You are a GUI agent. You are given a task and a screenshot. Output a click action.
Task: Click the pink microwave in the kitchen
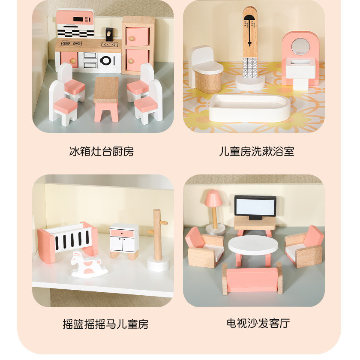75,17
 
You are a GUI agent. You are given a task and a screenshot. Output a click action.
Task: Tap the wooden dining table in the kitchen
106,98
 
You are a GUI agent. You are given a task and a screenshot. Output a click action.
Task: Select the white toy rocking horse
88,264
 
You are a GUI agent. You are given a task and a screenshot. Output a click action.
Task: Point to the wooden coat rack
158,240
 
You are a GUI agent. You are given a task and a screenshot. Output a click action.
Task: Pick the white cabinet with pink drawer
124,241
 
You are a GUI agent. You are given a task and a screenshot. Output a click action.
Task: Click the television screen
255,207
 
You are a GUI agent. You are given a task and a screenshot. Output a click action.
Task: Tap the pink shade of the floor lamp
213,198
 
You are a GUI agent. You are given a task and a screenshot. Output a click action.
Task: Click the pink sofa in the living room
252,279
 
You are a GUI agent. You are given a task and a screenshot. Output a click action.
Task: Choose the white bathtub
249,108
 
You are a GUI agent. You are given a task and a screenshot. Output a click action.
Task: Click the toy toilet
206,69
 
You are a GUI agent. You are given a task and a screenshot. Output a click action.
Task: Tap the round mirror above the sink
301,47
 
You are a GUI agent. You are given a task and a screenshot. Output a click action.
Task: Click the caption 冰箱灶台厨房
102,152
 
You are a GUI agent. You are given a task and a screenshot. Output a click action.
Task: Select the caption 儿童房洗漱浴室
256,152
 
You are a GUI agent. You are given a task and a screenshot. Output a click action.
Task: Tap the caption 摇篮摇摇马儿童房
105,324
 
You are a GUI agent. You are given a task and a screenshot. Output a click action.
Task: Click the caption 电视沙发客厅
258,324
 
